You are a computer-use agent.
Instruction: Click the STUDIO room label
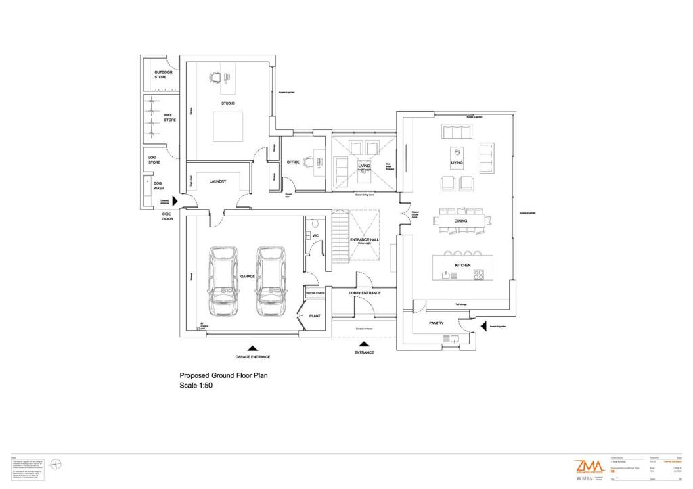tap(227, 103)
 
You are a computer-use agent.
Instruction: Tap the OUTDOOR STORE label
tap(163, 74)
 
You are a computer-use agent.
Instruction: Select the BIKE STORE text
tap(169, 118)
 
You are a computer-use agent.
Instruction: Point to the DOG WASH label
tap(159, 185)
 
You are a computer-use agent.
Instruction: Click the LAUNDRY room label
tap(217, 181)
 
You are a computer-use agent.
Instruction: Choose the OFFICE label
tap(293, 162)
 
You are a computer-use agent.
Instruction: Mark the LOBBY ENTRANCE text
tap(365, 293)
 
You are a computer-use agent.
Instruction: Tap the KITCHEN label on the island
tap(463, 265)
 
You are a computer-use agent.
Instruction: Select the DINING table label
tap(460, 220)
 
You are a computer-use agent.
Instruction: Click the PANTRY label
tap(437, 323)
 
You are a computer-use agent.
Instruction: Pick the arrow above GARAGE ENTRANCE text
tap(252, 349)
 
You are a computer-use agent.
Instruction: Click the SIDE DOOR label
tap(166, 217)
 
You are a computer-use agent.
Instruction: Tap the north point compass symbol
tap(57, 464)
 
